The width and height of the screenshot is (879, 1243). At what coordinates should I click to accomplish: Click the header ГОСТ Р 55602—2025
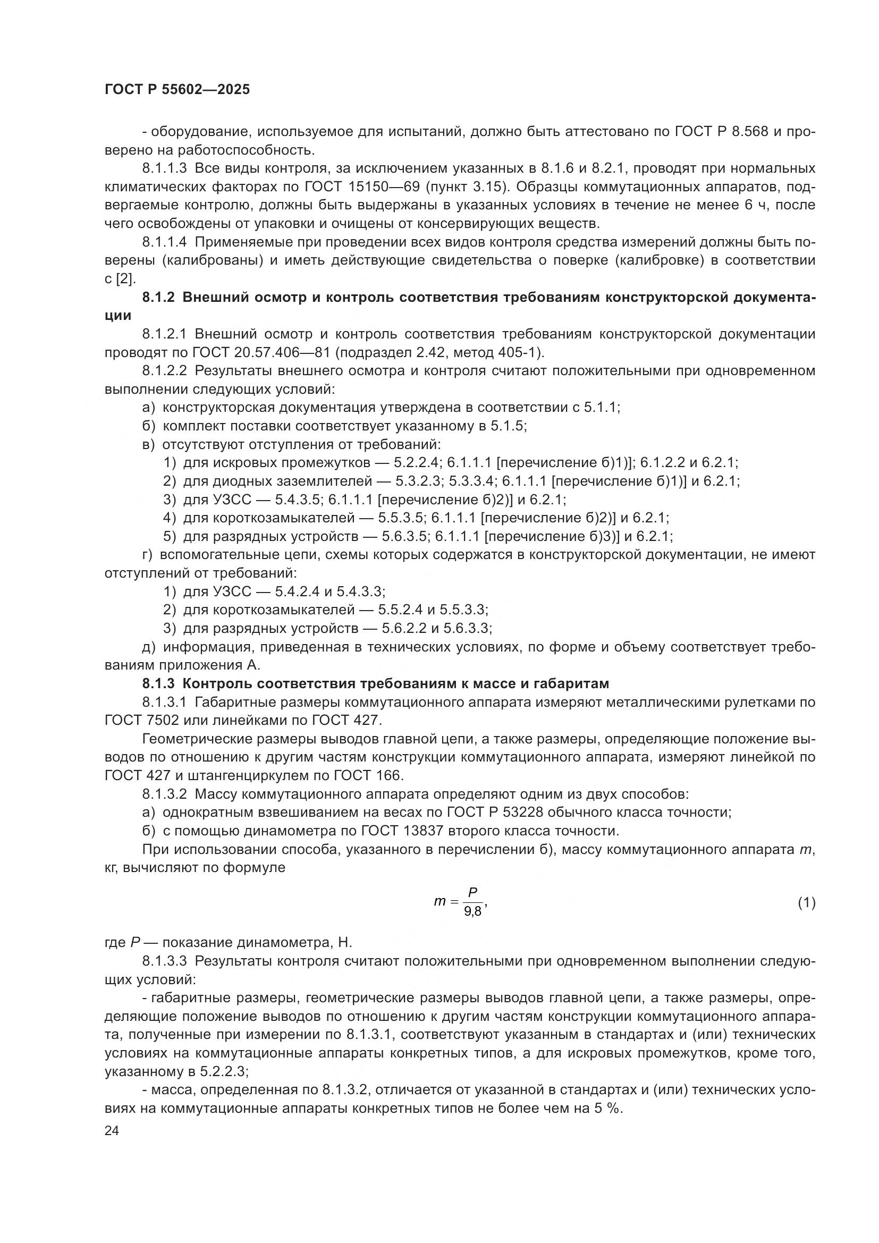pos(177,90)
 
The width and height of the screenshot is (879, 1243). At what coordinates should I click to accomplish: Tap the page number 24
pos(112,1131)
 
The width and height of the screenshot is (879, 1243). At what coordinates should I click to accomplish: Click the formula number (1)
pos(806,902)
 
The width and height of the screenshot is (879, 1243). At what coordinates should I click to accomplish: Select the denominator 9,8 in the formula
pos(472,912)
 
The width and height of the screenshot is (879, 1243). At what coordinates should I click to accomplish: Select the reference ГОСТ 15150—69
pos(362,187)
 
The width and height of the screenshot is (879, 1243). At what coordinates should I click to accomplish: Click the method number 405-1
pos(519,352)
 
